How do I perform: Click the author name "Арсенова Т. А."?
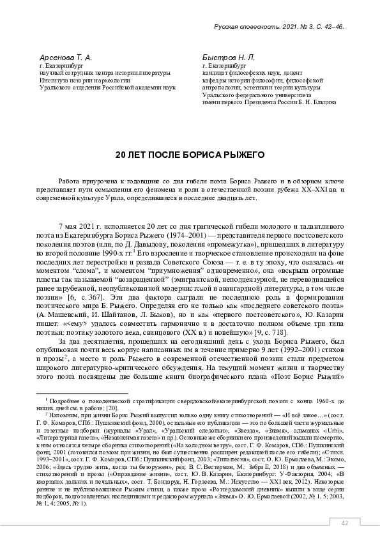(66, 58)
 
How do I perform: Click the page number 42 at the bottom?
(345, 523)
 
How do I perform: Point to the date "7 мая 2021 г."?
(84, 227)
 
